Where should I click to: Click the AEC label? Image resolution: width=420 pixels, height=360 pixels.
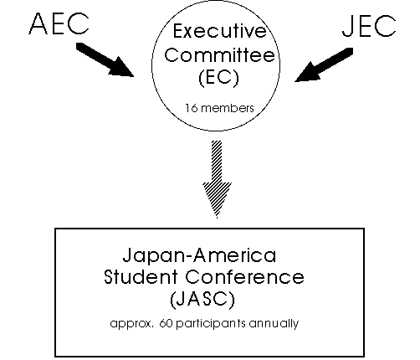click(59, 23)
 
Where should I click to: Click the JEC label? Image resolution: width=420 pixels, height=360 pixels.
click(369, 26)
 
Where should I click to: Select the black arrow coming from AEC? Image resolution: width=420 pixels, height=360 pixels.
click(105, 59)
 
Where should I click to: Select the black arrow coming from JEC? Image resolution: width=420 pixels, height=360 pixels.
click(324, 64)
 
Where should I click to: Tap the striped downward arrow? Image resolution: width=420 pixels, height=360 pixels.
click(217, 179)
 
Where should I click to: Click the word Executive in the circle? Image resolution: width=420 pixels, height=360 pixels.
click(220, 31)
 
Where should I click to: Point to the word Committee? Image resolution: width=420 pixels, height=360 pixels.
click(219, 54)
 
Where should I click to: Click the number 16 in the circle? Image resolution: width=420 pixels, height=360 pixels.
click(192, 108)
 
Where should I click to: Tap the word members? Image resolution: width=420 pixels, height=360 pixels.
click(228, 108)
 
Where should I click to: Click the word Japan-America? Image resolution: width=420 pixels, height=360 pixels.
click(199, 255)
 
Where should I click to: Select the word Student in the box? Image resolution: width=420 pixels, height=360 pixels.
click(141, 277)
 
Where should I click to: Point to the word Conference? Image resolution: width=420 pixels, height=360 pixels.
click(244, 277)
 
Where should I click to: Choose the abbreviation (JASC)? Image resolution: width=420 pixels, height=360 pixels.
click(202, 300)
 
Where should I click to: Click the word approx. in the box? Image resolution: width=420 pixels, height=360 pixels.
click(132, 324)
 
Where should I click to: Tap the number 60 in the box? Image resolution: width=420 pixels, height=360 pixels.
click(166, 323)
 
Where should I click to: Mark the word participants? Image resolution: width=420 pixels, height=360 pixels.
click(211, 324)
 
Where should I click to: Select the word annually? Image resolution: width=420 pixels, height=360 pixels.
click(274, 324)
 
